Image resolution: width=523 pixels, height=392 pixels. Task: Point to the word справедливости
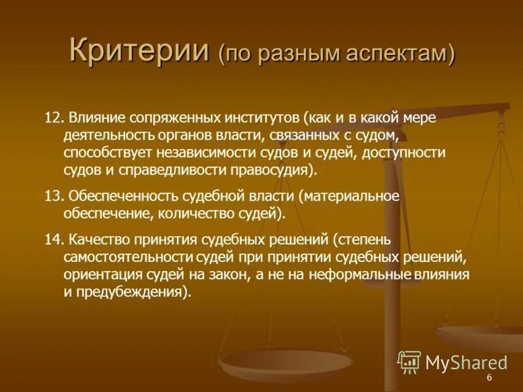(160, 170)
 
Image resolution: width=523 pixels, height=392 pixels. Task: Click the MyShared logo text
(465, 362)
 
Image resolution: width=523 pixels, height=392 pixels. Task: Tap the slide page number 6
(488, 380)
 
